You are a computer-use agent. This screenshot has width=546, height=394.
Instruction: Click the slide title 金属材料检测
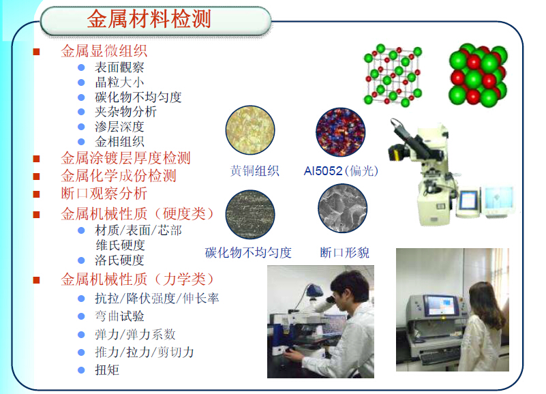[149, 18]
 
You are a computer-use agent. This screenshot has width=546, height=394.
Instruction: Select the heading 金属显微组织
[104, 51]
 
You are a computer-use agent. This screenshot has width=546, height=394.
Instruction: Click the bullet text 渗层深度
[119, 127]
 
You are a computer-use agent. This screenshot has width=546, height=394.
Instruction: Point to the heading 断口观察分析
[104, 194]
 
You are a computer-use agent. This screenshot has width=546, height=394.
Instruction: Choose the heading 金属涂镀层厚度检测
[125, 158]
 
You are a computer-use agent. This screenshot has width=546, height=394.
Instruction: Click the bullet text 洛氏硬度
[119, 260]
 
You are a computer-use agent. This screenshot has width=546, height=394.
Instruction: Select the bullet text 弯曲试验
[119, 316]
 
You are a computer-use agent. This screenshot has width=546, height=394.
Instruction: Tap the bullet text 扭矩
[107, 370]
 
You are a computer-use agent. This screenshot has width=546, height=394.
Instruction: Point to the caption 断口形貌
[344, 253]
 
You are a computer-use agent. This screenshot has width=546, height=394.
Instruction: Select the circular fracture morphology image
[342, 210]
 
